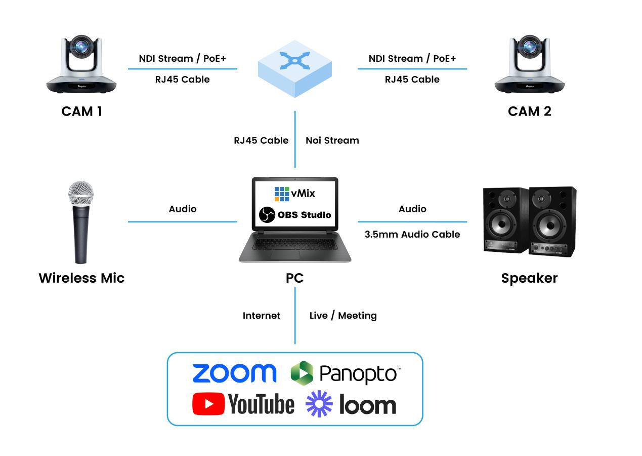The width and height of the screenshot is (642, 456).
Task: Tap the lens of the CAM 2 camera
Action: click(x=529, y=47)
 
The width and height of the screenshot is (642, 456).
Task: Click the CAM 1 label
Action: click(x=81, y=111)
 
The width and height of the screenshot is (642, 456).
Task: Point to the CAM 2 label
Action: click(x=529, y=111)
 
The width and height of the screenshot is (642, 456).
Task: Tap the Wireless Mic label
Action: click(x=81, y=278)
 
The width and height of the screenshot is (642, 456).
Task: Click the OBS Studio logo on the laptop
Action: click(x=295, y=215)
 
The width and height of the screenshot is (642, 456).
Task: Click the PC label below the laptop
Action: click(x=295, y=278)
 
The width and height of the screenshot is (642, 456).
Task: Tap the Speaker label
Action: click(x=529, y=278)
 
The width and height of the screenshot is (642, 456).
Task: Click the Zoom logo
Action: click(x=234, y=373)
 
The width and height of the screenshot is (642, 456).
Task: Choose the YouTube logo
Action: click(x=243, y=404)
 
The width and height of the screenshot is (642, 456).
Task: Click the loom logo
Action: click(x=351, y=404)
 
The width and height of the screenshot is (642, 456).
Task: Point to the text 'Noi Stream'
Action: click(x=332, y=140)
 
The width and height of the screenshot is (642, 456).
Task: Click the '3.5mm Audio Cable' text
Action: click(x=412, y=234)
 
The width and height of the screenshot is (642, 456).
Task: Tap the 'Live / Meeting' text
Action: click(x=343, y=316)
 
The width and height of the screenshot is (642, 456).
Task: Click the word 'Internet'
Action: click(x=262, y=316)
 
